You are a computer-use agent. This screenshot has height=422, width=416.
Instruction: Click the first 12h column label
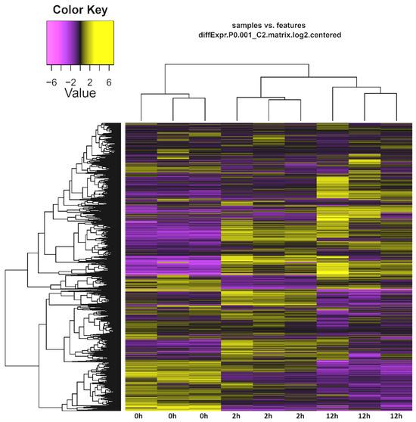pyautogui.click(x=333, y=416)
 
